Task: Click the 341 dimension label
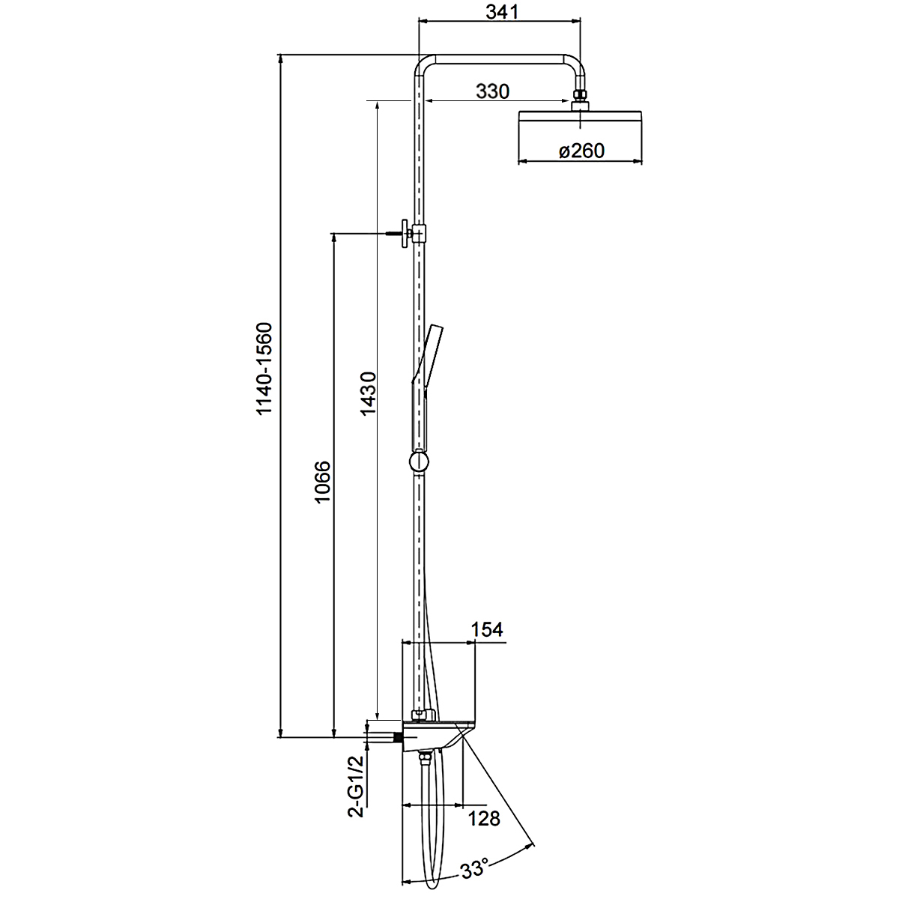point(502,12)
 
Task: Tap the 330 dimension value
point(492,91)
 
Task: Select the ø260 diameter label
point(581,151)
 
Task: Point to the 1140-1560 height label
point(264,368)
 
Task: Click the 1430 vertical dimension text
point(368,393)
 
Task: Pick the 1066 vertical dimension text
point(322,482)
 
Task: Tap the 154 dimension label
point(487,629)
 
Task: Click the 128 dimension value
point(484,819)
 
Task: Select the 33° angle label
point(474,869)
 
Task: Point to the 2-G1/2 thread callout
point(356,793)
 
